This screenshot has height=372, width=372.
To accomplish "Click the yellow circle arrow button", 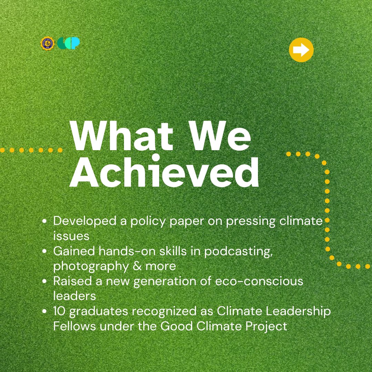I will coord(301,50).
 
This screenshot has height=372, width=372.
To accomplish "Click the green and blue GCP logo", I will coord(69,43).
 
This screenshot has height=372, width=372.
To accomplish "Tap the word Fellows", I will coord(74,326).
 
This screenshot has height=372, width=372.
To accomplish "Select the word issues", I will coord(71,236).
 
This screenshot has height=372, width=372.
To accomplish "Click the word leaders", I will coord(74,296).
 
